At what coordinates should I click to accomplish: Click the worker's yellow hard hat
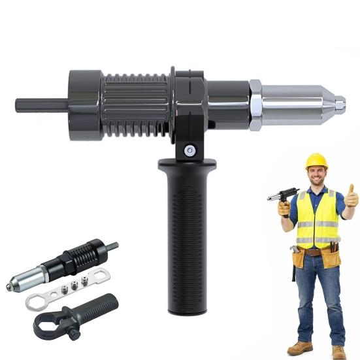(x=316, y=160)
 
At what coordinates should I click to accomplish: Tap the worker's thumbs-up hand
(x=352, y=196)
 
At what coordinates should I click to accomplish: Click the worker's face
(x=317, y=175)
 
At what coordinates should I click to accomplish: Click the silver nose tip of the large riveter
(x=340, y=103)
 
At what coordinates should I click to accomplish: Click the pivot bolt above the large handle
(x=189, y=150)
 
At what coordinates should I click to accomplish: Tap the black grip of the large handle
(x=189, y=235)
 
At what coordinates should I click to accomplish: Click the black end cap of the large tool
(x=85, y=104)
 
